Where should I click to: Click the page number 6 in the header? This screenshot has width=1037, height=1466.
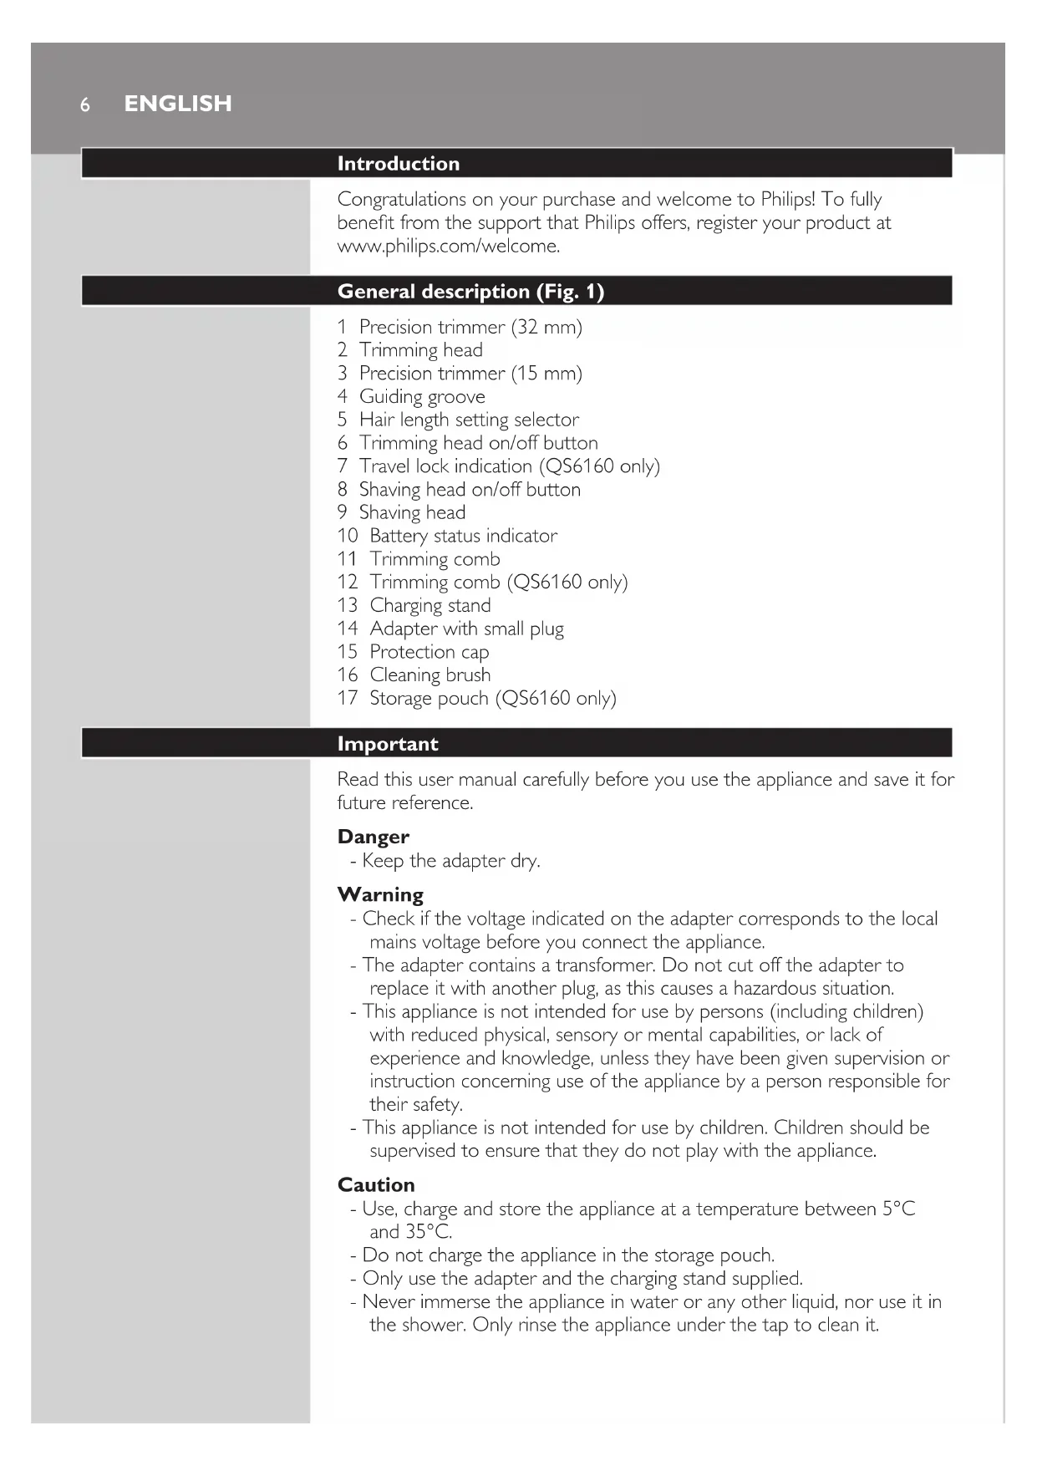pos(84,105)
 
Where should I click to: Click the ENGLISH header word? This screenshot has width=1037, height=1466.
pos(178,104)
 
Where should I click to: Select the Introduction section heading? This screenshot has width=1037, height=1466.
pos(398,164)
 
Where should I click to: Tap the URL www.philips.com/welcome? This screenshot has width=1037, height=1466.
pos(448,247)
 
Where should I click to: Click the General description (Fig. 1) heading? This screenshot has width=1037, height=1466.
pos(470,292)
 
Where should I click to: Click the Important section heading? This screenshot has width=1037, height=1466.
pos(388,744)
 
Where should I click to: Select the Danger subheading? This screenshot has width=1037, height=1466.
pos(374,837)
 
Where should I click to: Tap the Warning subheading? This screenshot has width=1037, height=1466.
pos(380,894)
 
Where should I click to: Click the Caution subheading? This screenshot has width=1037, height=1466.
pos(376,1184)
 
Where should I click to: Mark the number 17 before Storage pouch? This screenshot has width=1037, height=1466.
pos(348,698)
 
